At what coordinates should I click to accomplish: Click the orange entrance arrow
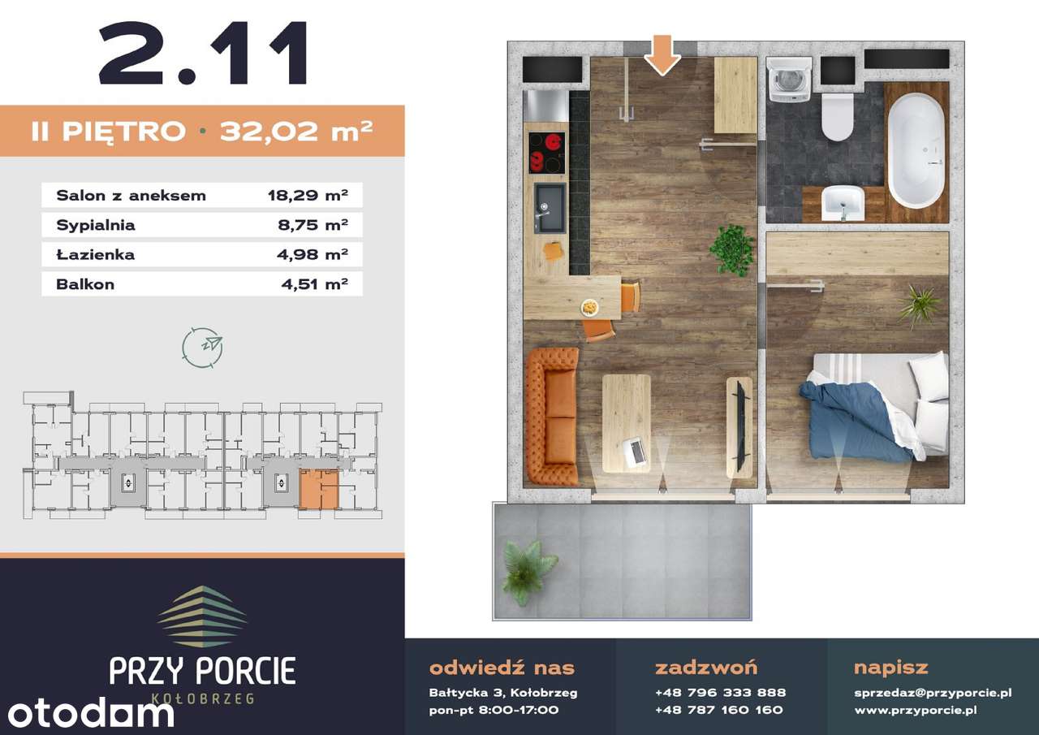pyautogui.click(x=662, y=55)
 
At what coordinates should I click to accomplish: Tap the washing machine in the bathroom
pyautogui.click(x=788, y=79)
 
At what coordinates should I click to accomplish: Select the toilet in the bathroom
pyautogui.click(x=837, y=117)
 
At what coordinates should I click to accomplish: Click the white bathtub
pyautogui.click(x=916, y=150)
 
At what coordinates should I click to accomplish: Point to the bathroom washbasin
pyautogui.click(x=843, y=203)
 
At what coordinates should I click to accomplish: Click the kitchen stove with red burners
pyautogui.click(x=547, y=153)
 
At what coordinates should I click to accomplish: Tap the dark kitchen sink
pyautogui.click(x=550, y=208)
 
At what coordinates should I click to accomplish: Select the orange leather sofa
pyautogui.click(x=551, y=416)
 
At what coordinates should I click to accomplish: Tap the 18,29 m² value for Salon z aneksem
pyautogui.click(x=308, y=196)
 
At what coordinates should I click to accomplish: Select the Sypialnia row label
pyautogui.click(x=96, y=225)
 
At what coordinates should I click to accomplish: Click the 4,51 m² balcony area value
pyautogui.click(x=314, y=284)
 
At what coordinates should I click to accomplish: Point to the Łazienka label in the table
pyautogui.click(x=95, y=254)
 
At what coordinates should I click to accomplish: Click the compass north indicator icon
pyautogui.click(x=202, y=348)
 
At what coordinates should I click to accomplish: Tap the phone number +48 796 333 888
pyautogui.click(x=720, y=693)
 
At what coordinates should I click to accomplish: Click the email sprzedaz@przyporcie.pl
pyautogui.click(x=933, y=693)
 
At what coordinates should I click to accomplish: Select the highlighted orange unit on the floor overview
pyautogui.click(x=319, y=489)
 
